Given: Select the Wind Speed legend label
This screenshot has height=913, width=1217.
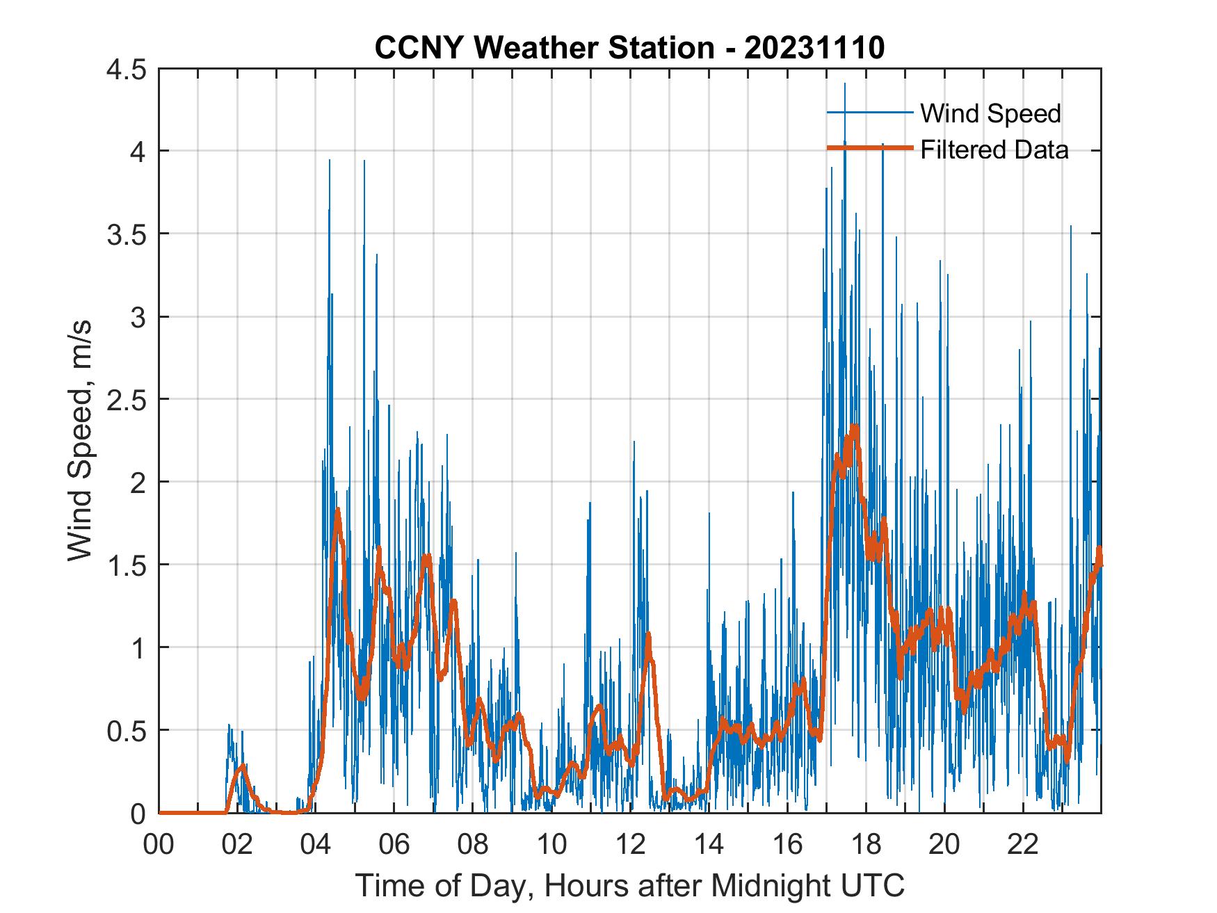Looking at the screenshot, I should (x=990, y=113).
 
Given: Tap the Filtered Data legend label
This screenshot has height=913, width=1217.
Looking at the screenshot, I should (x=994, y=150).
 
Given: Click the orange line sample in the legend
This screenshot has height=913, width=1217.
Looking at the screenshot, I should (x=869, y=148).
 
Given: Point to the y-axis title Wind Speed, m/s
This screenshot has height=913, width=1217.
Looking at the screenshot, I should (x=80, y=440).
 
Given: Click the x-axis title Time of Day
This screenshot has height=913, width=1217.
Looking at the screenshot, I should (x=629, y=885).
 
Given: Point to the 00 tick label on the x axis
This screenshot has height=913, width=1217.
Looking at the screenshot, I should (x=159, y=845).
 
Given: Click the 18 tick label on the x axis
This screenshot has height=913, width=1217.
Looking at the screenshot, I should (x=867, y=845).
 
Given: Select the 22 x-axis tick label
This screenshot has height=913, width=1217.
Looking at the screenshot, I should (x=1023, y=845).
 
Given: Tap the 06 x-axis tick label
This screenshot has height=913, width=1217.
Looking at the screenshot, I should (x=394, y=845).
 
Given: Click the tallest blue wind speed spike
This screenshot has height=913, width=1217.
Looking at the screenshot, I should (x=845, y=84).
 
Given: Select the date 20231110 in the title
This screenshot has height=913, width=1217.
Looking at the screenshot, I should (x=814, y=49).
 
